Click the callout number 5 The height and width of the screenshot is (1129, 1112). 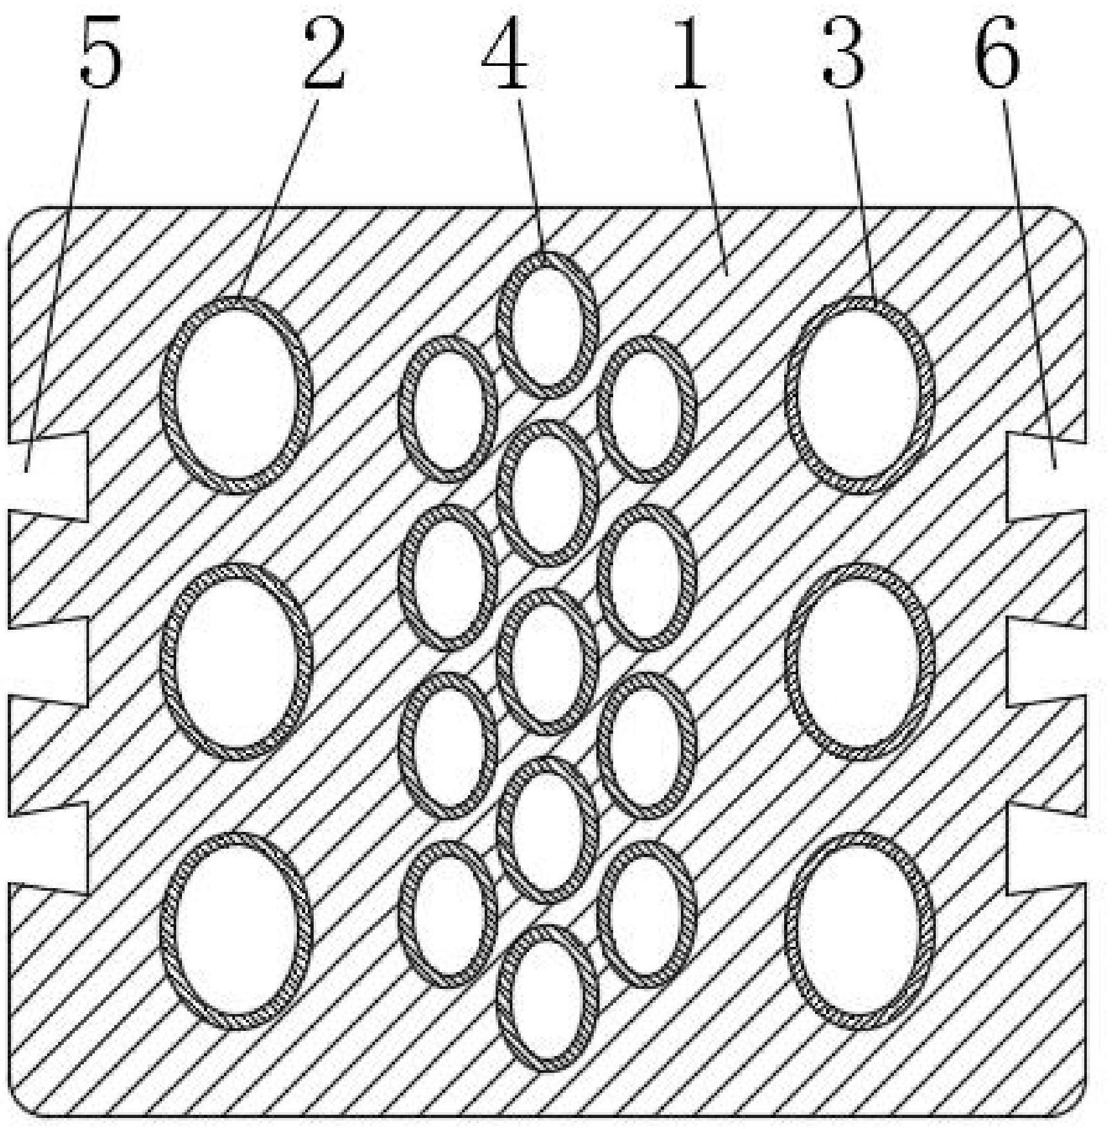(101, 54)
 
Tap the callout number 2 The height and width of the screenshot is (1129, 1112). (325, 54)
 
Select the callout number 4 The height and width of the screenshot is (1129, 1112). (505, 54)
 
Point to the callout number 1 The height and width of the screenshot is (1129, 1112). (690, 54)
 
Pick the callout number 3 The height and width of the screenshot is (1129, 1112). (843, 54)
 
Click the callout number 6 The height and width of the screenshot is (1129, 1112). (997, 54)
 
